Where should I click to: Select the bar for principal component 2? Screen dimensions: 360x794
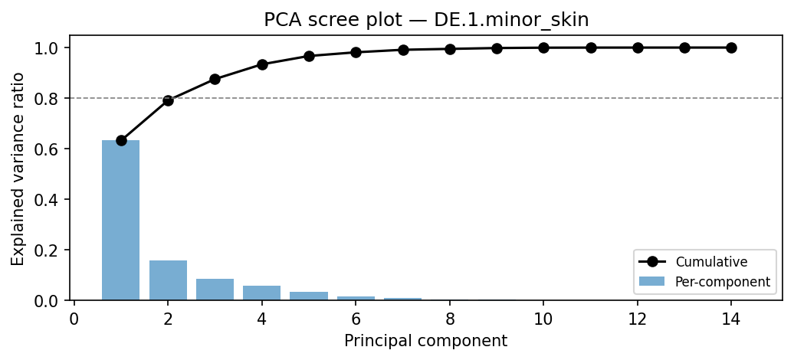168,280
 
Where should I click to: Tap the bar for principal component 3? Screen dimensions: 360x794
215,290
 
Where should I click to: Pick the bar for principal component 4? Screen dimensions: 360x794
262,293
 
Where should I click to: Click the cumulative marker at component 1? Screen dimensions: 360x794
121,140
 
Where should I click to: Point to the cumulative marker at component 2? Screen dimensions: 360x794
168,100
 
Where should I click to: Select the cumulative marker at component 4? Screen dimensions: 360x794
262,64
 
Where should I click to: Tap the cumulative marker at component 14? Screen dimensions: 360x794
731,47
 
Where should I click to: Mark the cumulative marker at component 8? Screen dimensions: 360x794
450,49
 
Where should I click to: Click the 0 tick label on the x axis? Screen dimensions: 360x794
74,317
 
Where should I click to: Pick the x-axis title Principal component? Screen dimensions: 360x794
425,340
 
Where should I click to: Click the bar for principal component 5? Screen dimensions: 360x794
309,296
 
